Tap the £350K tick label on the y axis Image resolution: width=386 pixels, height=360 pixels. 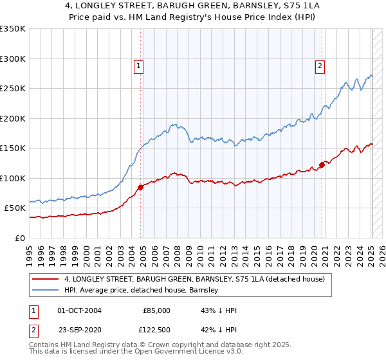coord(12,29)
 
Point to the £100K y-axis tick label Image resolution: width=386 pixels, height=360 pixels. coord(12,178)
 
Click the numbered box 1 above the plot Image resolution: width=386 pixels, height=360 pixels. coord(139,65)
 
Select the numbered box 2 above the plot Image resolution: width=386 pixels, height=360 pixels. coord(320,65)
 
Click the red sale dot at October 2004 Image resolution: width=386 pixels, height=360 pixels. coord(140,187)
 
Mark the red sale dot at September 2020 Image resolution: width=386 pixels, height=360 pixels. coord(322,165)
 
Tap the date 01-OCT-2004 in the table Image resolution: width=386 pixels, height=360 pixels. coord(79,310)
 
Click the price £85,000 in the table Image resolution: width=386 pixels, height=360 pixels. coord(156,310)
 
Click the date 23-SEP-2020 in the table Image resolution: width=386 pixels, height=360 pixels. coord(79,328)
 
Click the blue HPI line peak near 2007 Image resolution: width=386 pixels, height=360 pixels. coord(173,124)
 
